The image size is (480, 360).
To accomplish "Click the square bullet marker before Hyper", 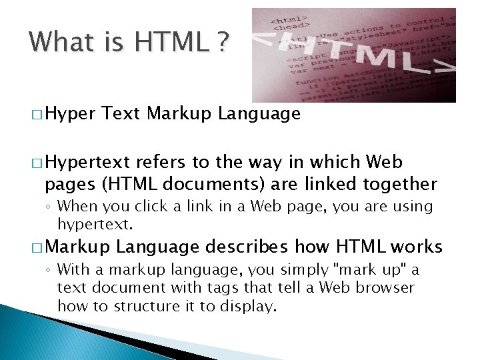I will pyautogui.click(x=35, y=115).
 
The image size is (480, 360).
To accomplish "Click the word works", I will pyautogui.click(x=417, y=247).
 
